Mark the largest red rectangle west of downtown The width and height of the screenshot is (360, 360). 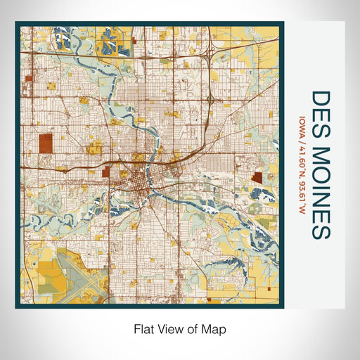(x=46, y=143)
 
